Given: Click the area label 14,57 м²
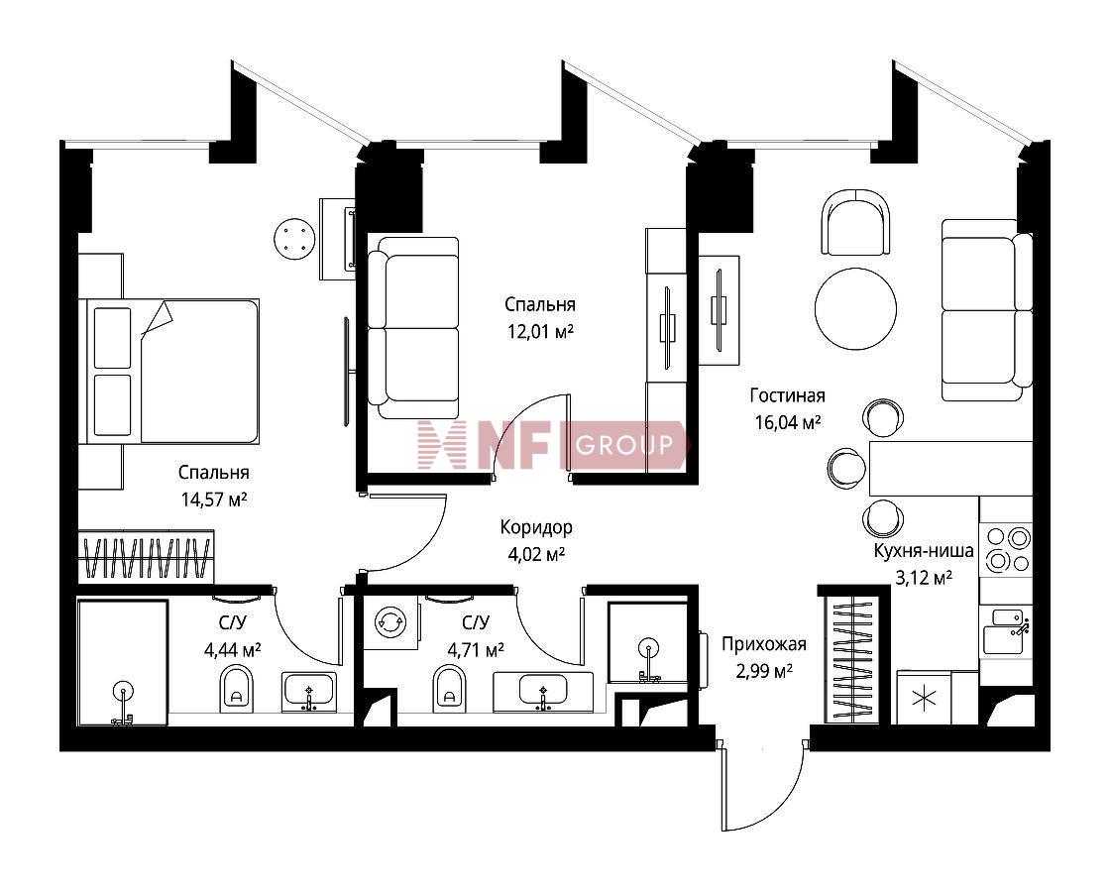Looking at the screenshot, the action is click(x=214, y=500).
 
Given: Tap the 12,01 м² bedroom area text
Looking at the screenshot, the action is click(x=540, y=331).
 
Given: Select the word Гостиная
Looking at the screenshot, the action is click(x=787, y=394).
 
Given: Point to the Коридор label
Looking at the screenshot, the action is click(x=536, y=527).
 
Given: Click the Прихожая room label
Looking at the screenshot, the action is click(x=764, y=644).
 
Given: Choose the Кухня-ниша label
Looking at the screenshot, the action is click(x=923, y=551).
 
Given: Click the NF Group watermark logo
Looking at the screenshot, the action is click(x=552, y=445).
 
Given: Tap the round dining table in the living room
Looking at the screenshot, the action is click(x=855, y=308).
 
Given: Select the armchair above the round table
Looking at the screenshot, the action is click(x=855, y=222).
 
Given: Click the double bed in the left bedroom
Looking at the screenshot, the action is click(x=169, y=371).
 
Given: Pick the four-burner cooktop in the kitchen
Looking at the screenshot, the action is click(x=1006, y=550).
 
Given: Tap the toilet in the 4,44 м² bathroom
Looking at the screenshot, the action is click(x=237, y=689).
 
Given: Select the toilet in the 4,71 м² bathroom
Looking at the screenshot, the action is click(x=449, y=689).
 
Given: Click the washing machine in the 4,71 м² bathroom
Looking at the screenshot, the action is click(x=389, y=622).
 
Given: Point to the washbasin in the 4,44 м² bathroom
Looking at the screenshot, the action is click(x=309, y=692).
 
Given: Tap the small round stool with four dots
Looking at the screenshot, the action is click(x=293, y=239).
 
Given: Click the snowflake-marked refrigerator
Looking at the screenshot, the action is click(x=924, y=698).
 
